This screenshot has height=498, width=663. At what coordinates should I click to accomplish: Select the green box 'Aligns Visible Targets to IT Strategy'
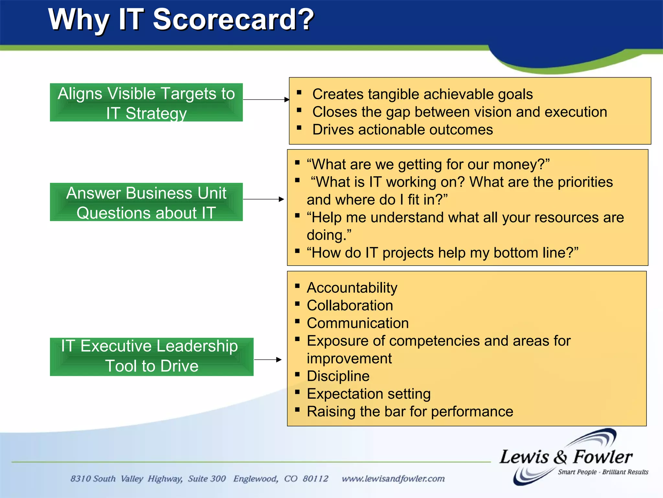pyautogui.click(x=146, y=102)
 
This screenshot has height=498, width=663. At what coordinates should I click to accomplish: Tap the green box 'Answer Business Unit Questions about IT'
pyautogui.click(x=146, y=202)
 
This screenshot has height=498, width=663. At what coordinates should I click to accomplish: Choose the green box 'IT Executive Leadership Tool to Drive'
pyautogui.click(x=152, y=357)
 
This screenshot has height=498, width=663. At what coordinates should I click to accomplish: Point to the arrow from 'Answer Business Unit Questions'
pyautogui.click(x=264, y=199)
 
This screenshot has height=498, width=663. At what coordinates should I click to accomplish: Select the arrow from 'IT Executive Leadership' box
pyautogui.click(x=268, y=360)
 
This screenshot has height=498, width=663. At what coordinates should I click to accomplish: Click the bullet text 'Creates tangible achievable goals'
pyautogui.click(x=422, y=94)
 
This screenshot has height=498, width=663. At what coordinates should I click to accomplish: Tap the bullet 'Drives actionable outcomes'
pyautogui.click(x=402, y=130)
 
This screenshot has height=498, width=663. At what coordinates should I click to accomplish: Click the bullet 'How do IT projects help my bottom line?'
pyautogui.click(x=442, y=253)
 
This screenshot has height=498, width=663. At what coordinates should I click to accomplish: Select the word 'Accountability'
pyautogui.click(x=352, y=288)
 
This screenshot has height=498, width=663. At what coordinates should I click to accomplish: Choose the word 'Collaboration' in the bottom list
pyautogui.click(x=350, y=305)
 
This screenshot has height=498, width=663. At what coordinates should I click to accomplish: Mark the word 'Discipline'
pyautogui.click(x=338, y=376)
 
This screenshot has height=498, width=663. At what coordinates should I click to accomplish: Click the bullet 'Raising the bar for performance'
pyautogui.click(x=410, y=411)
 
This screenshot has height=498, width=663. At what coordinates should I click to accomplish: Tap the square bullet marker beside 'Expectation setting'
pyautogui.click(x=297, y=392)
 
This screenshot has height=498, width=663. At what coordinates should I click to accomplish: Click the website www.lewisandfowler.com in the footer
pyautogui.click(x=393, y=479)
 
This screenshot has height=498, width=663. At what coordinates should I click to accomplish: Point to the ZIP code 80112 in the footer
pyautogui.click(x=315, y=479)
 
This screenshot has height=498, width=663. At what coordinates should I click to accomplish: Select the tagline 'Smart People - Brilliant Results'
pyautogui.click(x=603, y=472)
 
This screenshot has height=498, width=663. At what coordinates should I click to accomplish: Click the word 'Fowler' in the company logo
pyautogui.click(x=603, y=457)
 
